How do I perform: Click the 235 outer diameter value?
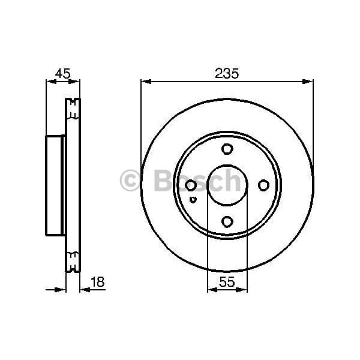pyautogui.click(x=227, y=74)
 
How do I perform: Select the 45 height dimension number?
pyautogui.click(x=62, y=74)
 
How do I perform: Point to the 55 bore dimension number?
pyautogui.click(x=227, y=280)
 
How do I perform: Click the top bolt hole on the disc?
pyautogui.click(x=227, y=149)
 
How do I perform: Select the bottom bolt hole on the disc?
pyautogui.click(x=227, y=222)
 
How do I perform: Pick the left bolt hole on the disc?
pyautogui.click(x=191, y=185)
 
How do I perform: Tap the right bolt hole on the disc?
pyautogui.click(x=263, y=185)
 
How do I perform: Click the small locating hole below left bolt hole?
pyautogui.click(x=192, y=200)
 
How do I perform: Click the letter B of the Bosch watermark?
pyautogui.click(x=163, y=181)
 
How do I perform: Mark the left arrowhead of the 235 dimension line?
pyautogui.click(x=145, y=82)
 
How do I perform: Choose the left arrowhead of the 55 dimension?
pyautogui.click(x=211, y=290)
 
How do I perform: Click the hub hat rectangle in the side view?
pyautogui.click(x=55, y=185)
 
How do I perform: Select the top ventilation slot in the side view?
pyautogui.click(x=73, y=110)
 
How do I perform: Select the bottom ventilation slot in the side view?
pyautogui.click(x=73, y=262)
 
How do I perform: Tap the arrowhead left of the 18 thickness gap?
pyautogui.click(x=61, y=290)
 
